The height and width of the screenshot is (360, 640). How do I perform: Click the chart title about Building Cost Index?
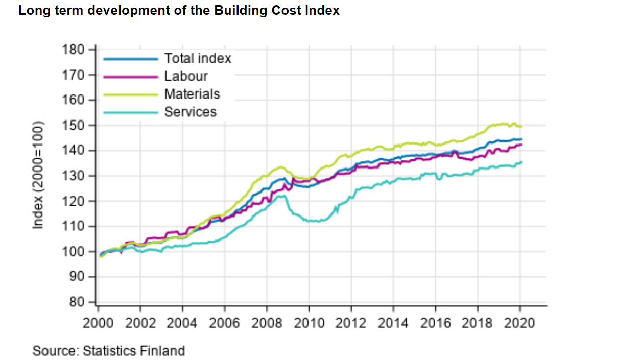pyautogui.click(x=179, y=11)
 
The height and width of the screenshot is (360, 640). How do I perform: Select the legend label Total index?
pyautogui.click(x=197, y=59)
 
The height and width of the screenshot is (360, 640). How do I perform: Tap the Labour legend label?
pyautogui.click(x=186, y=77)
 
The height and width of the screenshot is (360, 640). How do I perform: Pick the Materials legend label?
pyautogui.click(x=192, y=94)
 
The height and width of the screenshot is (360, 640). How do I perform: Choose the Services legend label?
pyautogui.click(x=190, y=112)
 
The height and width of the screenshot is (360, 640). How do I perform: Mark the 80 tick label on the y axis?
pyautogui.click(x=77, y=302)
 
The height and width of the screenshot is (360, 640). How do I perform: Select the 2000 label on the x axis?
pyautogui.click(x=98, y=324)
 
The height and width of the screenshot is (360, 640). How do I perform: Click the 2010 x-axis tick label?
pyautogui.click(x=309, y=324)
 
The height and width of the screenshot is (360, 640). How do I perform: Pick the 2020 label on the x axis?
pyautogui.click(x=519, y=324)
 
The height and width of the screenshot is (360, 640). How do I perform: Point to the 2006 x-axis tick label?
pyautogui.click(x=224, y=324)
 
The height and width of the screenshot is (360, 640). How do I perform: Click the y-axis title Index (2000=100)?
pyautogui.click(x=38, y=175)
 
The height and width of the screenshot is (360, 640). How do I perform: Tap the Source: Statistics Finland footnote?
pyautogui.click(x=108, y=351)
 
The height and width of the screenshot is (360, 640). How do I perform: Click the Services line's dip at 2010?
pyautogui.click(x=313, y=221)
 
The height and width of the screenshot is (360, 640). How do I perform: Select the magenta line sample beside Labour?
pyautogui.click(x=131, y=77)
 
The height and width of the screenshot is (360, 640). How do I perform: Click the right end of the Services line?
pyautogui.click(x=520, y=162)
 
